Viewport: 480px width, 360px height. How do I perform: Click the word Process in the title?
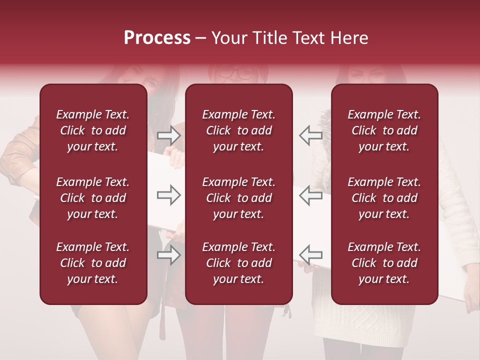[157, 38]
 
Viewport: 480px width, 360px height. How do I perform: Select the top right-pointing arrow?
[169, 135]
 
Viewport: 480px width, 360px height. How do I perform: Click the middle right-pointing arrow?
[169, 195]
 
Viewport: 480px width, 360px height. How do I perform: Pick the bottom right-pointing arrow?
[169, 255]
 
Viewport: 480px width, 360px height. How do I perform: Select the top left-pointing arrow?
[310, 135]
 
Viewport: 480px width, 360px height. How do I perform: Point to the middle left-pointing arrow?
[310, 195]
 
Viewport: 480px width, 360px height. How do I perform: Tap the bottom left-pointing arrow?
[310, 255]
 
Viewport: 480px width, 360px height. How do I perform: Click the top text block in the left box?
[93, 130]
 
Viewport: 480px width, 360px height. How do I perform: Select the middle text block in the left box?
[93, 198]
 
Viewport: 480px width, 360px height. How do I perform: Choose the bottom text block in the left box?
[93, 263]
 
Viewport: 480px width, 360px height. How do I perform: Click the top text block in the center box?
[239, 130]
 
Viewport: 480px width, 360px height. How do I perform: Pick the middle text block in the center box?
[239, 198]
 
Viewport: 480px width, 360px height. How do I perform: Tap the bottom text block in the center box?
[239, 263]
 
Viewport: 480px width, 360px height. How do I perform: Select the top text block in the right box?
[384, 130]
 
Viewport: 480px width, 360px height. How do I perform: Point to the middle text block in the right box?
[384, 198]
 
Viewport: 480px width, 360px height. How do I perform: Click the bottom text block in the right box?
[384, 263]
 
